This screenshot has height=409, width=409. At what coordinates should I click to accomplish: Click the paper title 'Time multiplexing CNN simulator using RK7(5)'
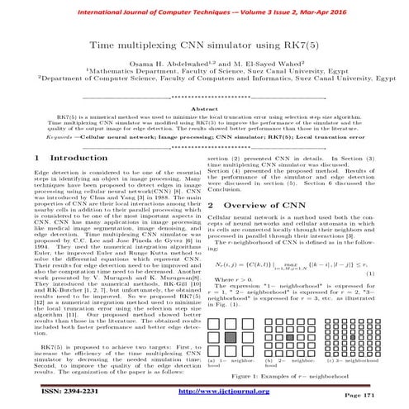pos(204,50)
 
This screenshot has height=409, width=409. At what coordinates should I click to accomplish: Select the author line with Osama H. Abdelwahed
pos(204,73)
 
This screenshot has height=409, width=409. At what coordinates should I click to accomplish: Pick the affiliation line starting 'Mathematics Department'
pos(204,83)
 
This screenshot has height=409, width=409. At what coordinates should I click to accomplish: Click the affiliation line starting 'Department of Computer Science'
pos(204,93)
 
